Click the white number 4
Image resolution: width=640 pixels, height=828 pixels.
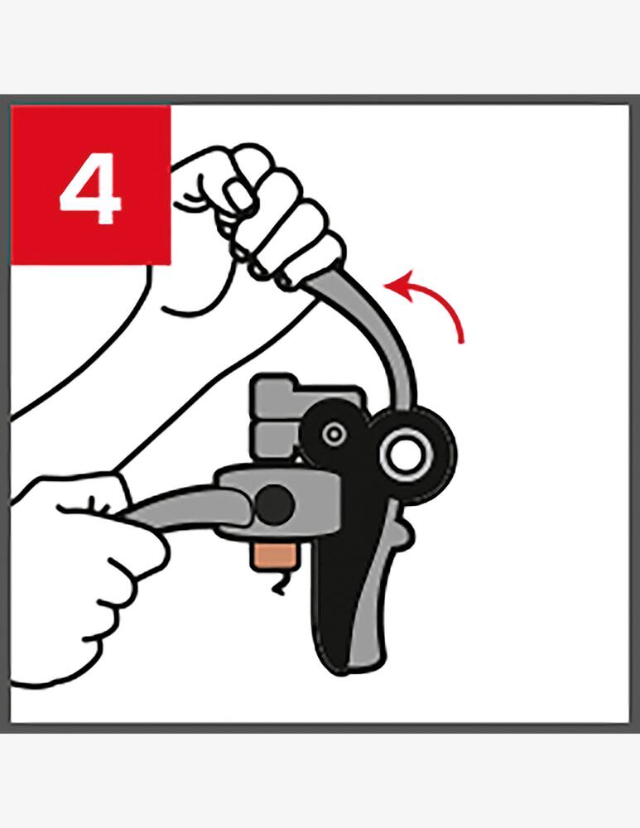click(90, 189)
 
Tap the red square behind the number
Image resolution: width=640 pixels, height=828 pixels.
click(91, 185)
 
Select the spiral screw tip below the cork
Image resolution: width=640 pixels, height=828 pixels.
click(280, 583)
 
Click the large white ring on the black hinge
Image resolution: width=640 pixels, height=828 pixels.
click(407, 455)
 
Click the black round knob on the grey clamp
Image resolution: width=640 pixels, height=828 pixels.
click(275, 505)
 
